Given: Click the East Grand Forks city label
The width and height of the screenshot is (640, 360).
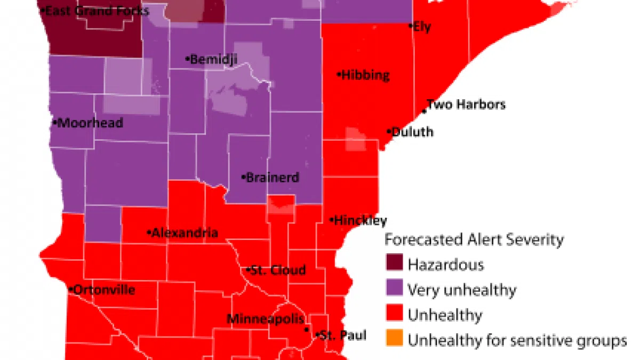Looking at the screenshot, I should click(96, 10).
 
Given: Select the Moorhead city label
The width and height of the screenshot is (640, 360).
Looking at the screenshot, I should click(89, 123).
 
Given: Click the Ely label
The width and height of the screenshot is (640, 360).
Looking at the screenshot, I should click(421, 27).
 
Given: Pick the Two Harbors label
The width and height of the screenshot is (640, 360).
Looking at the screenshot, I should click(466, 105).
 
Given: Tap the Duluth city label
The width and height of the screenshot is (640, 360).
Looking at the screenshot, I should click(412, 132).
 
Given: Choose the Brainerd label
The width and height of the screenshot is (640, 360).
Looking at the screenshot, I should click(271, 178).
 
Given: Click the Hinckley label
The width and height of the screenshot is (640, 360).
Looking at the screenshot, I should click(359, 220).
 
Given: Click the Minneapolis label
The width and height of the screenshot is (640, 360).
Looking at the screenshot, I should click(266, 319).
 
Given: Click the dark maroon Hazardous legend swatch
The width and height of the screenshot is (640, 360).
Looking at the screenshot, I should click(395, 264).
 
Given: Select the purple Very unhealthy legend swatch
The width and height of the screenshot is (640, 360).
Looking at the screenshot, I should click(395, 290).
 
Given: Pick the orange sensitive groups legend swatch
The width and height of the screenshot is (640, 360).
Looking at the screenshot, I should click(395, 340).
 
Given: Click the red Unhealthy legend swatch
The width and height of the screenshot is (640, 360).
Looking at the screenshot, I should click(395, 315).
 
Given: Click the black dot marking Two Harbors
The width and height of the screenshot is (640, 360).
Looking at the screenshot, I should click(424, 111).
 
